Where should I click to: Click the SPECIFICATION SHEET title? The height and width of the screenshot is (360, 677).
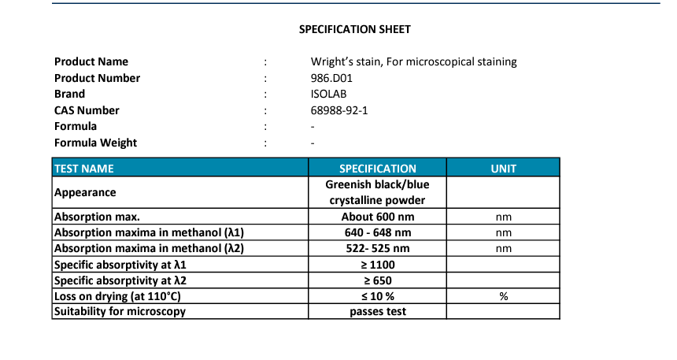[354, 29]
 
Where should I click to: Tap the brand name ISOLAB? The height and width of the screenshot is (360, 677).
[330, 94]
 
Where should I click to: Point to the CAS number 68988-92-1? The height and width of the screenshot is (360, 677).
[339, 110]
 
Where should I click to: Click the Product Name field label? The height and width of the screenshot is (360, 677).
[91, 61]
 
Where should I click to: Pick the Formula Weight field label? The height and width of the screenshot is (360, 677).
[95, 143]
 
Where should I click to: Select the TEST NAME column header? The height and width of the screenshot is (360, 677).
[83, 169]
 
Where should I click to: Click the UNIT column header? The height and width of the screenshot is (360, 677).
[503, 169]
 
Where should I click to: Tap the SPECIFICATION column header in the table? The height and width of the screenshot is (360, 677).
[377, 169]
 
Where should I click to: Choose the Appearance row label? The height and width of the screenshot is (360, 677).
[85, 192]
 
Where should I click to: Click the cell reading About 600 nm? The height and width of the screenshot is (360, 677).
[377, 217]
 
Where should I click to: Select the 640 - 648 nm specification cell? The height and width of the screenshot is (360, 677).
[377, 232]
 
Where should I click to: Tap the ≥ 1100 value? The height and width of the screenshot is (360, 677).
[377, 265]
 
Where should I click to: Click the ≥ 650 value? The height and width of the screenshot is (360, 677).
[377, 280]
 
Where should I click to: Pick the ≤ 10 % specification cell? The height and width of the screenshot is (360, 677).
[377, 296]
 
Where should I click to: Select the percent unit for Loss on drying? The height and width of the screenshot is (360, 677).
[503, 296]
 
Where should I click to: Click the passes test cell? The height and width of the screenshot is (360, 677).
[377, 312]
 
